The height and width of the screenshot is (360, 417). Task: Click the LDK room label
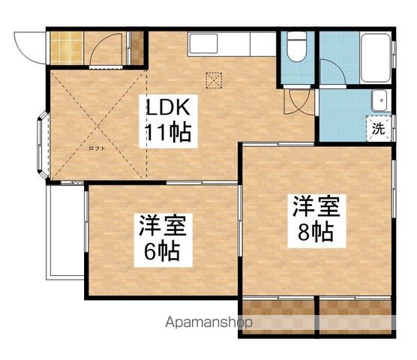tap(167, 106)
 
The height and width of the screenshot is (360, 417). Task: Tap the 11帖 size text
tap(167, 135)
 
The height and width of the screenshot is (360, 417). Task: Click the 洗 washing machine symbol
tap(379, 127)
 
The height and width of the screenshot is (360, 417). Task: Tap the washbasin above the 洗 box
tap(379, 99)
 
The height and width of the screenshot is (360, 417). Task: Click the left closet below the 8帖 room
tap(277, 315)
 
